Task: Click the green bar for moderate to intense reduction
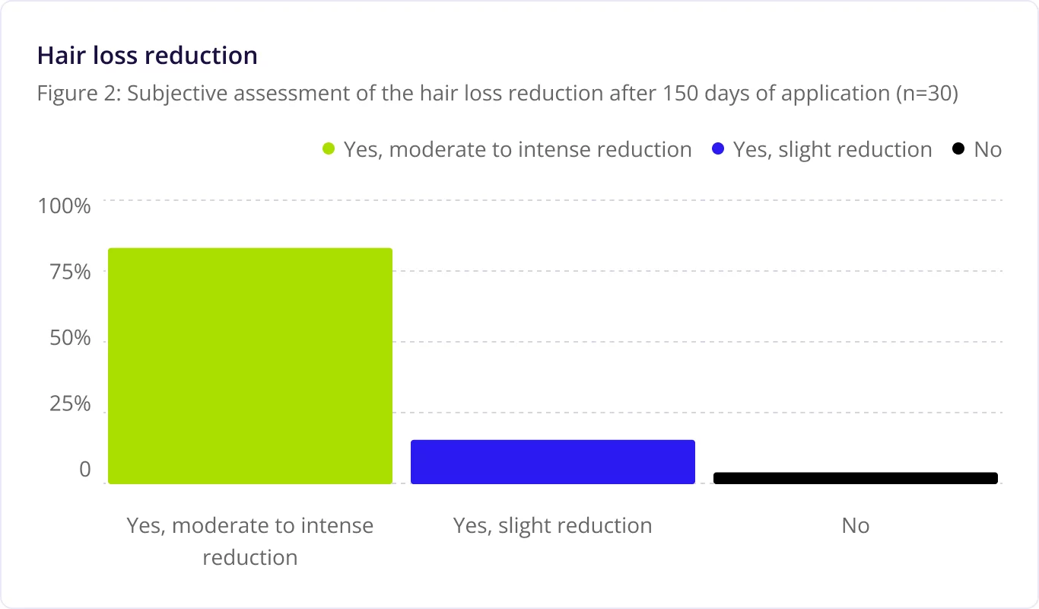[250, 365]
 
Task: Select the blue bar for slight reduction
[553, 461]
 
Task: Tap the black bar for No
[856, 478]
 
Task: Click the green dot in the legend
[329, 149]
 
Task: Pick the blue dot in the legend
[718, 149]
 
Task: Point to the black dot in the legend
[958, 149]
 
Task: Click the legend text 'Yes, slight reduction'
[832, 149]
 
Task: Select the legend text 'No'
[987, 149]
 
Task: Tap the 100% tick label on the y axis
[65, 206]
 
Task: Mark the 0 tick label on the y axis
[84, 470]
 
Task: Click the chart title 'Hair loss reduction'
[148, 56]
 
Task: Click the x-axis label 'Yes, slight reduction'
[553, 526]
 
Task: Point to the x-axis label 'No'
[856, 526]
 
